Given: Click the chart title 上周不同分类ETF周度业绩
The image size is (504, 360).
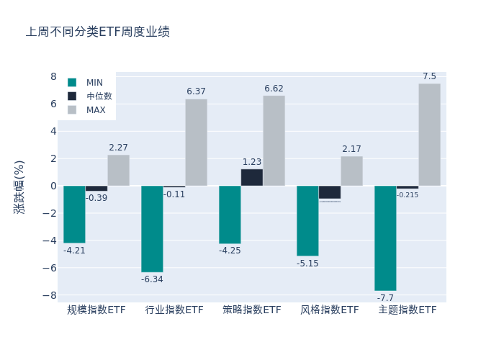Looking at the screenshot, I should pos(98,32).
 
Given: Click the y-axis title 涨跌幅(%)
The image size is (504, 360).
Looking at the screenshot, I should pos(19,186).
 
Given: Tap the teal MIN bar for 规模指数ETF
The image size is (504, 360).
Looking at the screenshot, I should pos(74,214).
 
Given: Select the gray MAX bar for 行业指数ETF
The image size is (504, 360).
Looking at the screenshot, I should pos(196,143).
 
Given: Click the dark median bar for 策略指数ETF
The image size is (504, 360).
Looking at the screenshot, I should pos(251,177).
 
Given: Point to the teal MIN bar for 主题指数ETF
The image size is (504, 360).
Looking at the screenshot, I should pos(385,238).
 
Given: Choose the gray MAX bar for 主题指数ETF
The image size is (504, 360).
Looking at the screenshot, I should pos(429,135).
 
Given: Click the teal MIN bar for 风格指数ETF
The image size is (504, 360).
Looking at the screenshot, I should pos(307,220).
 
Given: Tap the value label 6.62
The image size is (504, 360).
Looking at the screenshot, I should pos(274,89).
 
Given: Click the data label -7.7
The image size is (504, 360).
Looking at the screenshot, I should pos(385,298).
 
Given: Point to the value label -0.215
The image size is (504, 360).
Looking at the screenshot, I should pos(407,195).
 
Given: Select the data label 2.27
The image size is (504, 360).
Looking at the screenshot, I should pos(118,148).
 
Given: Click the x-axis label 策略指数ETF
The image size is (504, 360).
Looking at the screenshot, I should pos(251,310).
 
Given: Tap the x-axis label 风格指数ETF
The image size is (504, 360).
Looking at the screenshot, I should pos(329,310).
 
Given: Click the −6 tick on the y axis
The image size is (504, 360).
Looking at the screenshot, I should pos(50,268).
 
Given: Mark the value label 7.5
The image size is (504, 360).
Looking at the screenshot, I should pos(429,76).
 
